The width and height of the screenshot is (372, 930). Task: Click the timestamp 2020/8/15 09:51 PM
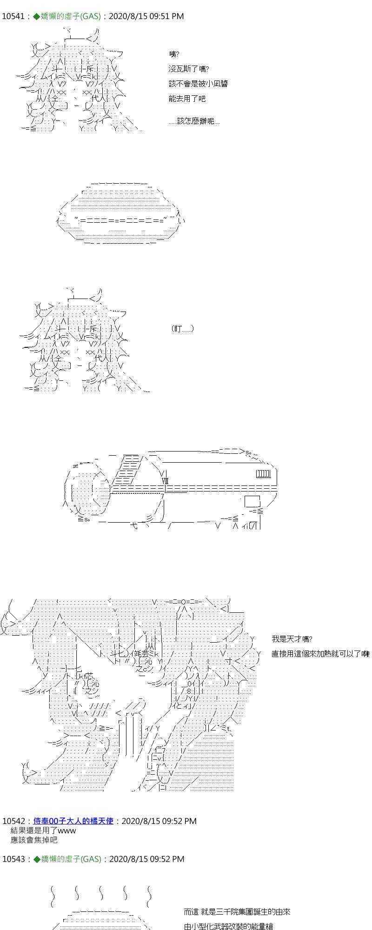click(x=146, y=16)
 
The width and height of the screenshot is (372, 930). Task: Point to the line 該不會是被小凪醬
click(x=198, y=84)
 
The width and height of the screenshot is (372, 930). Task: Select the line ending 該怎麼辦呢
click(x=194, y=121)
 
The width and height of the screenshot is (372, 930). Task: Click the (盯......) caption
click(x=182, y=329)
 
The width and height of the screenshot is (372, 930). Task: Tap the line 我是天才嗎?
click(x=292, y=639)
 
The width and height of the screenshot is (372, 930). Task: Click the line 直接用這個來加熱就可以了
click(x=320, y=654)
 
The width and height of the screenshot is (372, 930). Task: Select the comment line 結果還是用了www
click(x=43, y=830)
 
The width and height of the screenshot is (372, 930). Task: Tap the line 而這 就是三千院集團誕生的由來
click(x=237, y=899)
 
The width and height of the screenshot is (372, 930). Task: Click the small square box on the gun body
click(x=252, y=501)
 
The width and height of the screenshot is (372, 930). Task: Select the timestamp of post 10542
click(x=159, y=821)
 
